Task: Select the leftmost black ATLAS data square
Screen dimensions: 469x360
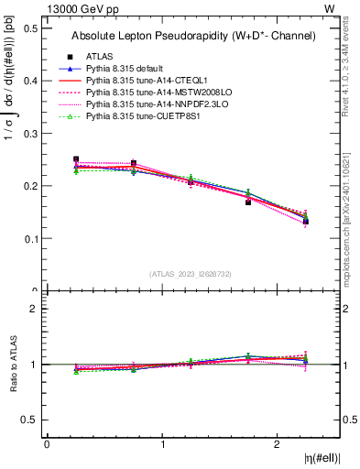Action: [x=76, y=159]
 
